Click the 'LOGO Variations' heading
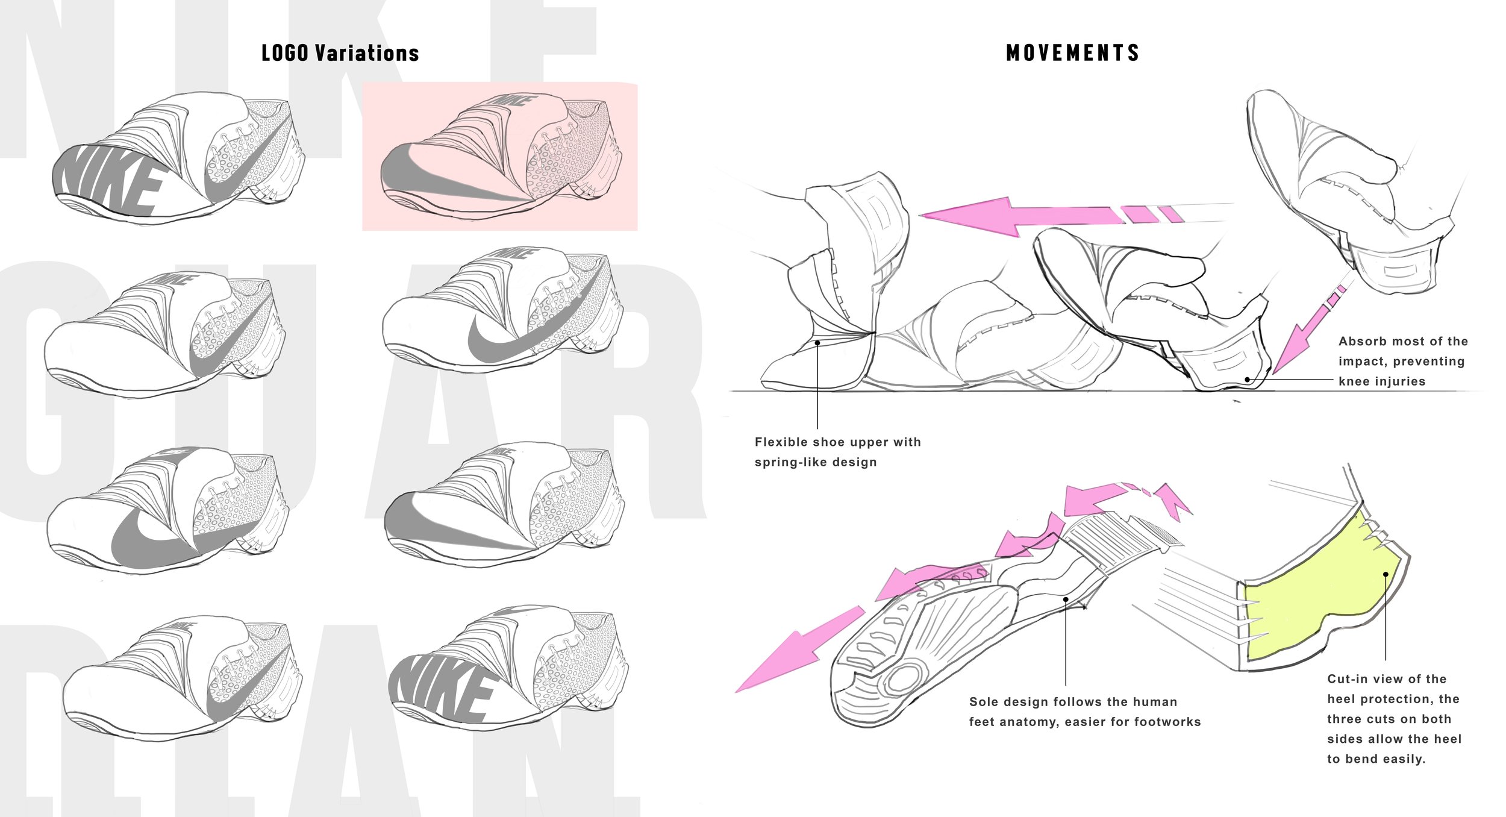tap(340, 53)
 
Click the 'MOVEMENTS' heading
tap(1072, 53)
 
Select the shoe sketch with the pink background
tap(499, 156)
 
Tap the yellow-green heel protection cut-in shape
tap(1319, 596)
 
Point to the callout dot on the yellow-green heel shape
tap(1386, 574)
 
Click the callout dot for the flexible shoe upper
tap(817, 343)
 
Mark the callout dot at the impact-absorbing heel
tap(1248, 380)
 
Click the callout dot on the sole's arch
tap(1066, 599)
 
